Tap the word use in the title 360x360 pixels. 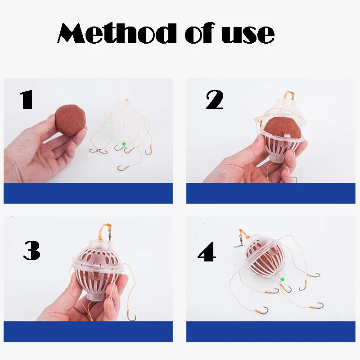point(248,35)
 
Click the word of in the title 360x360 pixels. point(200,33)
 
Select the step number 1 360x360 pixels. point(27,99)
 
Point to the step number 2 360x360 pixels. point(215,99)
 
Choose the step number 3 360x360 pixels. point(31,250)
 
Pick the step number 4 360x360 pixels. point(207,252)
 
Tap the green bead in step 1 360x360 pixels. point(124,144)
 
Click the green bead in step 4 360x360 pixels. point(283,279)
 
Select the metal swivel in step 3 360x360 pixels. point(109,235)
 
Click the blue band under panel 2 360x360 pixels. point(271,193)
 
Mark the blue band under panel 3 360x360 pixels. point(88,332)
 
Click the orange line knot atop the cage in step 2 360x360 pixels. point(289,94)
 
